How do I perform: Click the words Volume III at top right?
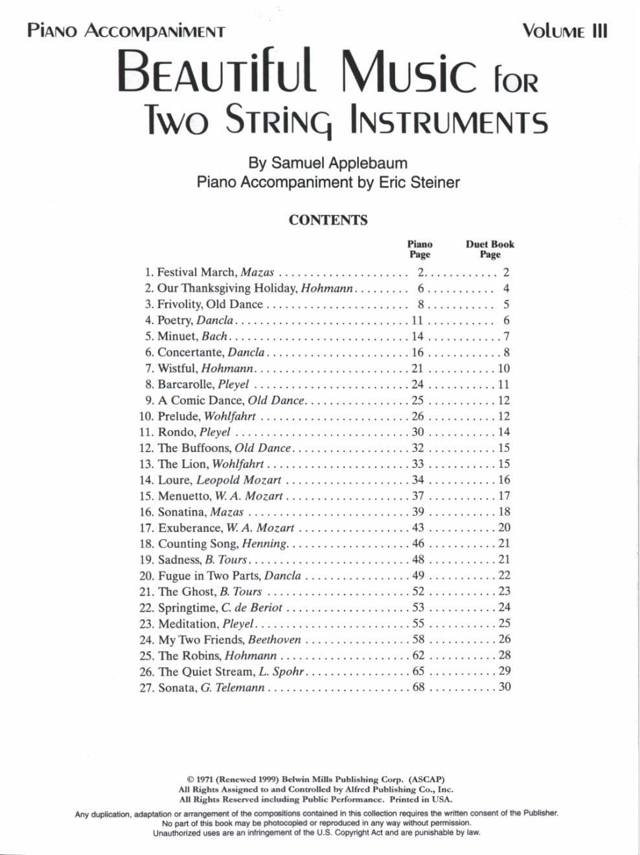565,31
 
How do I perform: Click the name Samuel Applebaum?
339,163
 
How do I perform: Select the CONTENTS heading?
328,220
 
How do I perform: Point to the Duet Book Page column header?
490,249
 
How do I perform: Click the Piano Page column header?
419,249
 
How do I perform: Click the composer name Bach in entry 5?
214,336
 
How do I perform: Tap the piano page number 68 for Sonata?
418,687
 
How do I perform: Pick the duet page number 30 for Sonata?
505,687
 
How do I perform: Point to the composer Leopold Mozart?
238,480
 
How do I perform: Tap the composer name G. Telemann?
233,688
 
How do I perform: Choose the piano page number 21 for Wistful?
418,369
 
